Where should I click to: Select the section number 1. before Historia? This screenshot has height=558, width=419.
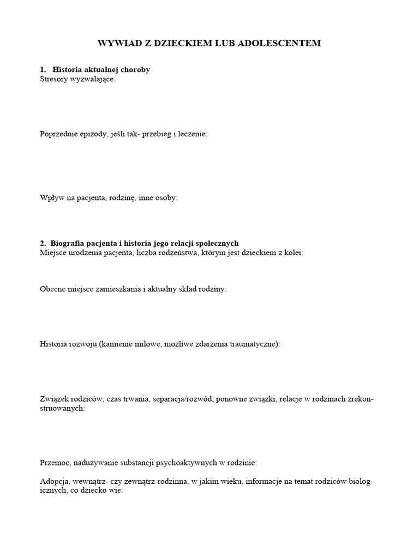click(x=43, y=70)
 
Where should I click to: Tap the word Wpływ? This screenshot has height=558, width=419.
click(x=51, y=198)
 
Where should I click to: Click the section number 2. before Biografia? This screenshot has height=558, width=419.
click(x=43, y=244)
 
